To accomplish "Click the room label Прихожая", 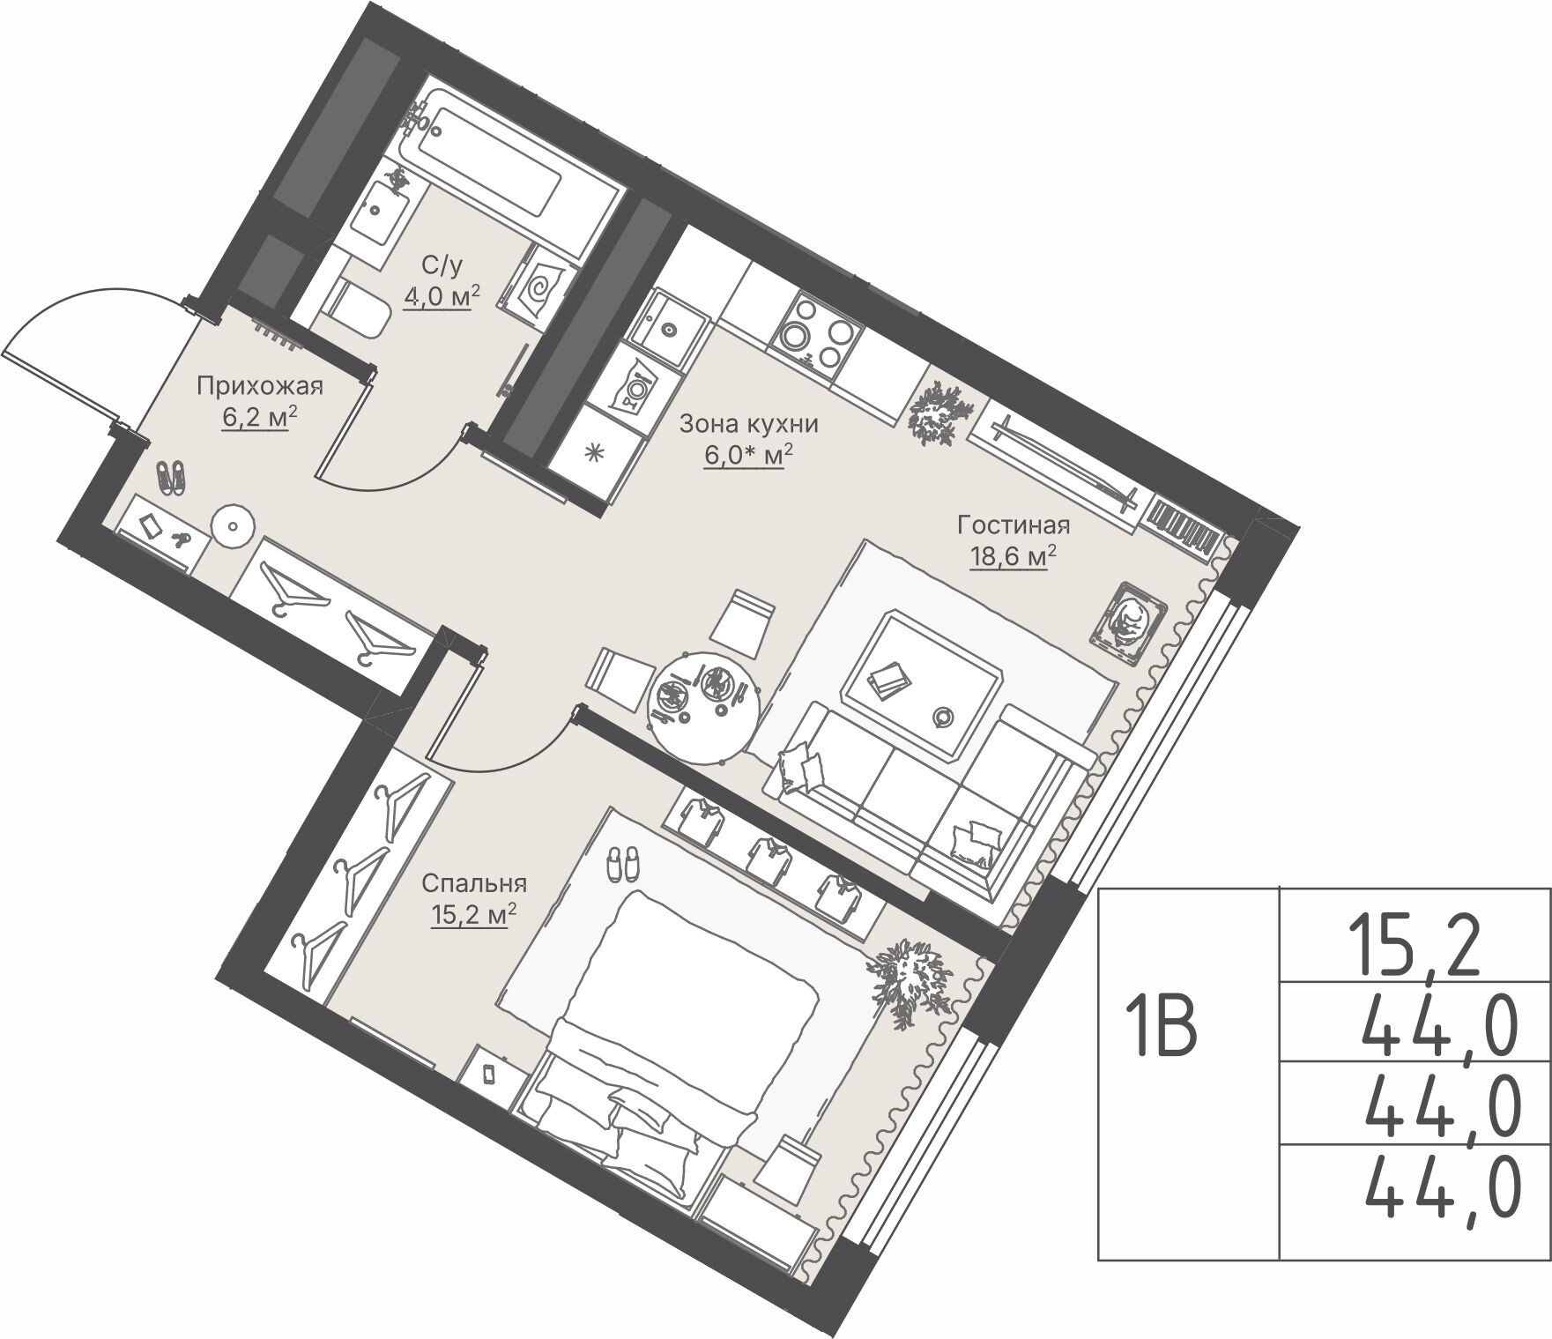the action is (x=259, y=386).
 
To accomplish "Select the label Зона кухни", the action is (x=748, y=425).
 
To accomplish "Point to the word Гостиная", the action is (x=1014, y=526).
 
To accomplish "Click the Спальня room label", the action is (x=474, y=883).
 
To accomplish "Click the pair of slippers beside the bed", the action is (x=623, y=863).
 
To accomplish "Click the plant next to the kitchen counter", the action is (x=941, y=413).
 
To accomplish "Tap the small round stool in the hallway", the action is (x=233, y=526).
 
